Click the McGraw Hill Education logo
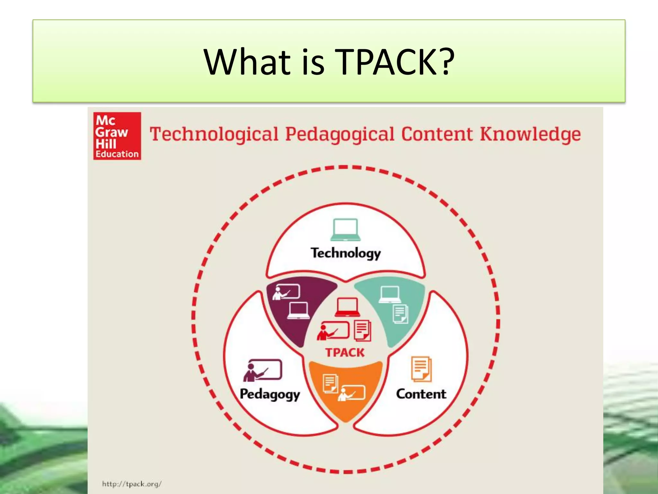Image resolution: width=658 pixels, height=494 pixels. tap(117, 136)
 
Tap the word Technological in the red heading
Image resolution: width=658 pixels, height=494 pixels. tap(214, 134)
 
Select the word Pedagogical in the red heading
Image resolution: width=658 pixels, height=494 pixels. tap(340, 135)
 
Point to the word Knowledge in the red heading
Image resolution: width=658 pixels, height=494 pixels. tap(530, 134)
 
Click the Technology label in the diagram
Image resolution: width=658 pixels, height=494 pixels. tap(346, 253)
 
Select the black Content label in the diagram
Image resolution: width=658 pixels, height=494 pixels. tap(421, 394)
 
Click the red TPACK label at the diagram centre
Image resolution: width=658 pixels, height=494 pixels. tap(345, 352)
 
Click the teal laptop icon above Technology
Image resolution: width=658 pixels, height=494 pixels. tap(345, 230)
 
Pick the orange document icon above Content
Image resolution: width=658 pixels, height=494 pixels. tap(422, 369)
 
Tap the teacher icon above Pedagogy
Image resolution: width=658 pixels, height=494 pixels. tap(262, 370)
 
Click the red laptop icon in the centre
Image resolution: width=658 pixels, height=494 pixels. tap(347, 307)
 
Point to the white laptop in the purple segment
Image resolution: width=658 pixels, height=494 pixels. tap(298, 311)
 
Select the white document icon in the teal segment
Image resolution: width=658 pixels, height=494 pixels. tap(401, 314)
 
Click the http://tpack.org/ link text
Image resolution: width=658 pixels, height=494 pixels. tap(132, 484)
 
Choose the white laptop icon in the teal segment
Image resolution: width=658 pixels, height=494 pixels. tap(390, 294)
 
